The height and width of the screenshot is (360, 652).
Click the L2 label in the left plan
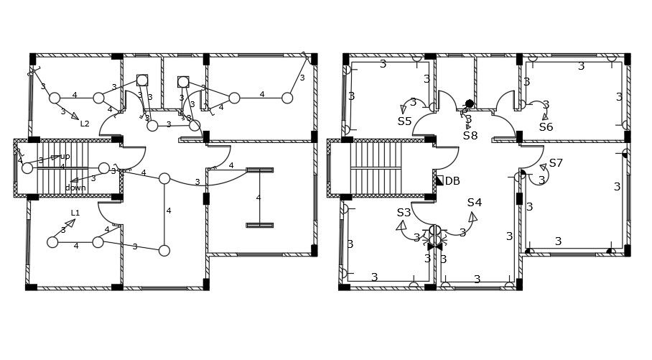coord(85,124)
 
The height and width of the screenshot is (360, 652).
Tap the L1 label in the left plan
coord(75,213)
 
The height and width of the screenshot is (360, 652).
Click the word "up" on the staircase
coord(65,156)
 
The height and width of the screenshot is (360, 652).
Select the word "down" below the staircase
coord(75,188)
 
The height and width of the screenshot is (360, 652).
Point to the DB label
coord(452,181)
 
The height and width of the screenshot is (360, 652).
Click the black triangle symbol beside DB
coord(439,180)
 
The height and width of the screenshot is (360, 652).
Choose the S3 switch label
coord(404,213)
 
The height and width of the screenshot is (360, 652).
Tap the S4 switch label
coord(474,203)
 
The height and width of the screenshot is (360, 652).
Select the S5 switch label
coord(404,121)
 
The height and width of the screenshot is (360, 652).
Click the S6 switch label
coord(546,127)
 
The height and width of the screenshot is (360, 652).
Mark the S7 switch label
coord(556,163)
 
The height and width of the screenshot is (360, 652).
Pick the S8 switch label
coord(470,135)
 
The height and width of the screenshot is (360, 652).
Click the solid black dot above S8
coord(469,103)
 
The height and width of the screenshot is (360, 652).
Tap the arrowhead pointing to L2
coord(74,116)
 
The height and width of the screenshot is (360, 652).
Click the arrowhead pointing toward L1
coord(70,223)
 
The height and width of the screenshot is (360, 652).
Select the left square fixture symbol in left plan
coord(142,80)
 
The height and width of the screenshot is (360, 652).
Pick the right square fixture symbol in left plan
coord(183,82)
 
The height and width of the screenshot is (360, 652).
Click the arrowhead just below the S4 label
coord(472,216)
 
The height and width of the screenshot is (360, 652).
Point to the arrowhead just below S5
coord(404,109)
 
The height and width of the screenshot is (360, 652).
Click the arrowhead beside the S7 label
coord(544,167)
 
